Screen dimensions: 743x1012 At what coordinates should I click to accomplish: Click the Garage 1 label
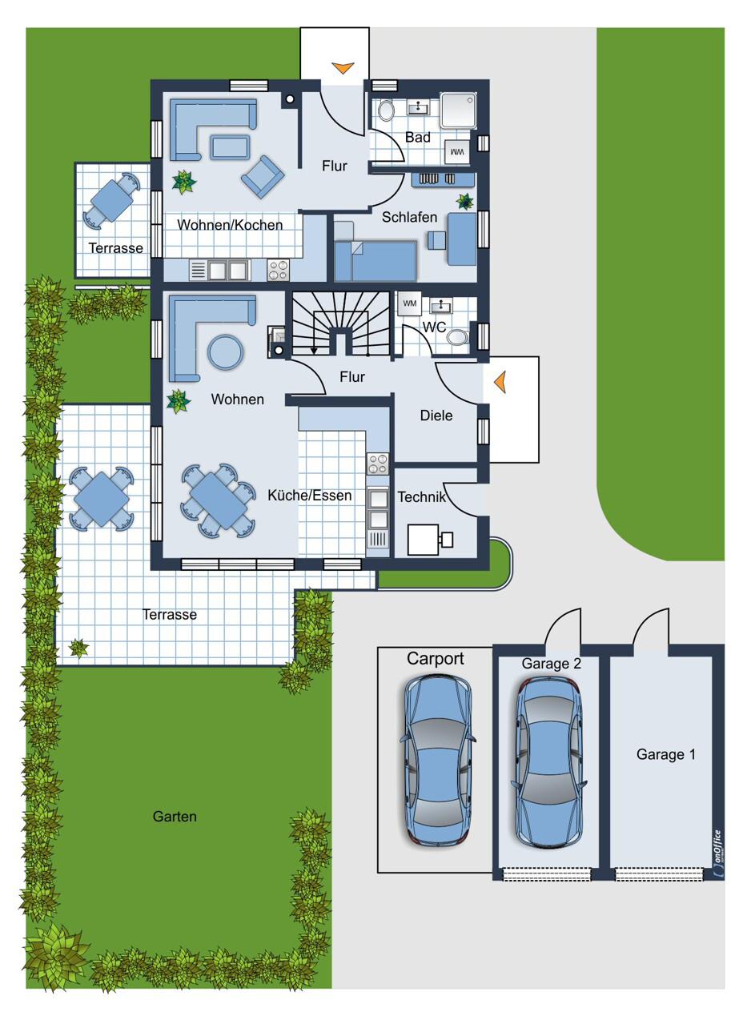[665, 754]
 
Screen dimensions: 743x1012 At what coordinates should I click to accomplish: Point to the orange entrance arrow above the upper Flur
[343, 68]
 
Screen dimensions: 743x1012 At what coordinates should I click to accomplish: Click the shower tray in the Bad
[458, 110]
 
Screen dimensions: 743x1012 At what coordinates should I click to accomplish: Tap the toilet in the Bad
[386, 110]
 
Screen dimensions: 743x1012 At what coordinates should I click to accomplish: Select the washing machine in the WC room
[409, 303]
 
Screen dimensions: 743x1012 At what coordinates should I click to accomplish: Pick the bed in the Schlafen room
[376, 261]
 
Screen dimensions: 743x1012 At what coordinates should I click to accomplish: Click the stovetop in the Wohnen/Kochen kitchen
[278, 270]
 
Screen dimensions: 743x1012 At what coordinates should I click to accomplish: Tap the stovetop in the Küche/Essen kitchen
[378, 464]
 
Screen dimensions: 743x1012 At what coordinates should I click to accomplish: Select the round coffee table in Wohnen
[226, 351]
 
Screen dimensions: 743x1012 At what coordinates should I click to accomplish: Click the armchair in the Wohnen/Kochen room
[263, 177]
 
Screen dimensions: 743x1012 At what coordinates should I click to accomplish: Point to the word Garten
[175, 817]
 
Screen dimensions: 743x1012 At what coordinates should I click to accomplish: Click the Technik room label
[421, 497]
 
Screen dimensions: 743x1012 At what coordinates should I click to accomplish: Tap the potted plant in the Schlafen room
[464, 202]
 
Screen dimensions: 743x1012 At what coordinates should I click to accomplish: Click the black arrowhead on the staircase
[314, 351]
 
